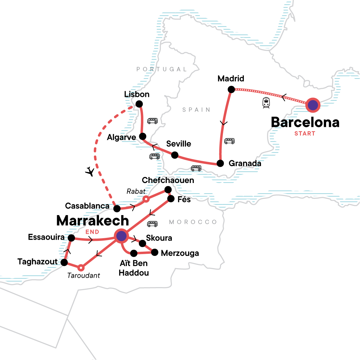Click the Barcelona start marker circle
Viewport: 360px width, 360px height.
pyautogui.click(x=313, y=105)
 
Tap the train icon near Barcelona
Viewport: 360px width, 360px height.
pyautogui.click(x=266, y=103)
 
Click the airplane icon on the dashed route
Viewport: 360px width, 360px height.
pyautogui.click(x=90, y=172)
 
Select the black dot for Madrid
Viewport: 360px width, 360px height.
pyautogui.click(x=231, y=89)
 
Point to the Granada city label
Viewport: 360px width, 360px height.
pyautogui.click(x=245, y=163)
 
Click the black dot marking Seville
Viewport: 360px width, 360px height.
pyautogui.click(x=175, y=155)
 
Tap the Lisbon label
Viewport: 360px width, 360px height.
pyautogui.click(x=137, y=94)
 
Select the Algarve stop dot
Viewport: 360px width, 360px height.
pyautogui.click(x=142, y=136)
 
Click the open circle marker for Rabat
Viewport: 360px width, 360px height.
pyautogui.click(x=146, y=199)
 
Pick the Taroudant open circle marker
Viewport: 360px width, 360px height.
pyautogui.click(x=81, y=267)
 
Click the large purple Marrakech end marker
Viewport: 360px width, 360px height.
pyautogui.click(x=121, y=236)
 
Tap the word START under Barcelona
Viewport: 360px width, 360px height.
pyautogui.click(x=305, y=134)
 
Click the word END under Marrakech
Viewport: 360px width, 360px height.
pyautogui.click(x=92, y=232)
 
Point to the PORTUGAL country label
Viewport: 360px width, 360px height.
pyautogui.click(x=162, y=69)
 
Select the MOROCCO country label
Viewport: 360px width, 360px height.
pyautogui.click(x=193, y=222)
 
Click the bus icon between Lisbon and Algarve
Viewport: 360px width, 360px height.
pyautogui.click(x=152, y=121)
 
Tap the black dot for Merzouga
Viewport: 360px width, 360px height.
pyautogui.click(x=154, y=253)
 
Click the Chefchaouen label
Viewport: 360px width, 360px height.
pyautogui.click(x=168, y=180)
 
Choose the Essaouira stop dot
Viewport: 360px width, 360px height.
pyautogui.click(x=71, y=238)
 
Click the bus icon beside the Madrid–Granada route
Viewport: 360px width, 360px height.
pyautogui.click(x=229, y=141)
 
